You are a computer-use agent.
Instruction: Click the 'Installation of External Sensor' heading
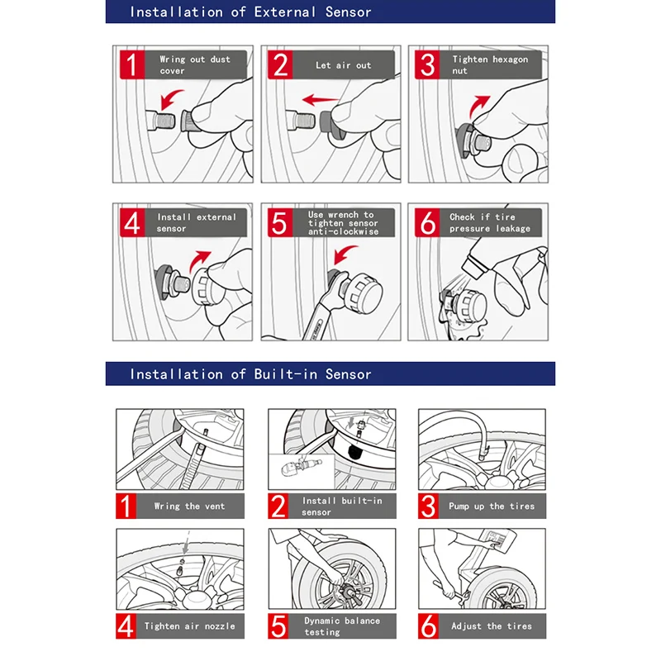pos(250,12)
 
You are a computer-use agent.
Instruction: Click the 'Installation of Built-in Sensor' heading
pos(250,374)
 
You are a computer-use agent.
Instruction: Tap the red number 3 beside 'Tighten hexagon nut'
pos(426,64)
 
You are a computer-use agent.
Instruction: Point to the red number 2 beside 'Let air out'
pos(280,64)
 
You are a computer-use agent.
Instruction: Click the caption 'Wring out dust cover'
pos(195,64)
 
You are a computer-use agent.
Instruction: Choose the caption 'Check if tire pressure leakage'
pos(489,223)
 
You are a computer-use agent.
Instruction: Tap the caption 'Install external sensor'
pos(196,223)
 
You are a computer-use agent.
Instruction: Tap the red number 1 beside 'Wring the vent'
pos(126,506)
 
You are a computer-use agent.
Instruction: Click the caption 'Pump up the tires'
pos(492,506)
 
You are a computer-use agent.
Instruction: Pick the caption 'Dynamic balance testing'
pos(341,626)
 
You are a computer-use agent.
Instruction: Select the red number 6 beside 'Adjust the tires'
pos(429,626)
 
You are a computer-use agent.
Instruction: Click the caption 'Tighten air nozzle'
pos(189,626)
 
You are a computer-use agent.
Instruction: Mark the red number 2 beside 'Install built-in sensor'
pos(278,506)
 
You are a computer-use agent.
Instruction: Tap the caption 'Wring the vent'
pos(189,506)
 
